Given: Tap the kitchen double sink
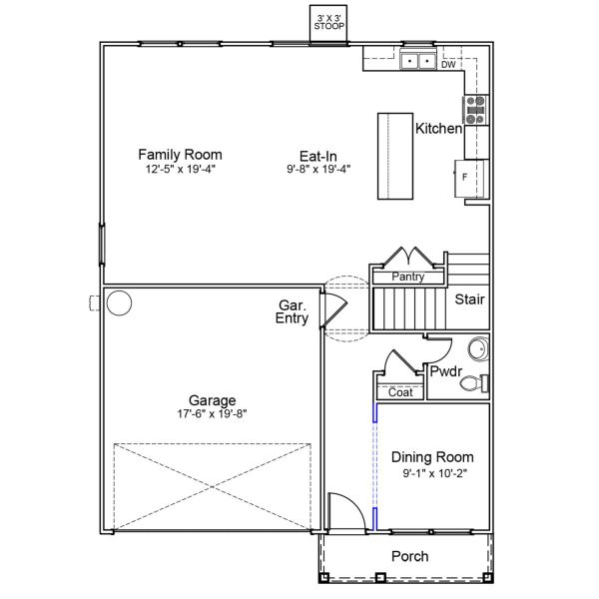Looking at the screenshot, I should tap(417, 63).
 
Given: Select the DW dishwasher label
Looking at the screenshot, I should tap(448, 65).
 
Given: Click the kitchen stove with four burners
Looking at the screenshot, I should tap(476, 109).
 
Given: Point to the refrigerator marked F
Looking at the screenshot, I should tap(471, 177).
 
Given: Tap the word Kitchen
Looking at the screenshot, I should tap(438, 129).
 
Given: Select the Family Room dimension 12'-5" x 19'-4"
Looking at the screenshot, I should tap(180, 170).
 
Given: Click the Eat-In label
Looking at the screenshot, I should tap(317, 155).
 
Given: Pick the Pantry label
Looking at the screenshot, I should tap(408, 277).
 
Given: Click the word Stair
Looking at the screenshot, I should tap(470, 299).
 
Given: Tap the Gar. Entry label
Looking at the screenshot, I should tap(293, 311).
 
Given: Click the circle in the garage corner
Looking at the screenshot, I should tap(120, 301).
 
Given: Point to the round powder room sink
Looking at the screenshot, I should tap(478, 349).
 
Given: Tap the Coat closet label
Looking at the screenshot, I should tap(400, 392).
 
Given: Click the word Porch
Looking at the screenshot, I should tap(409, 556).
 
